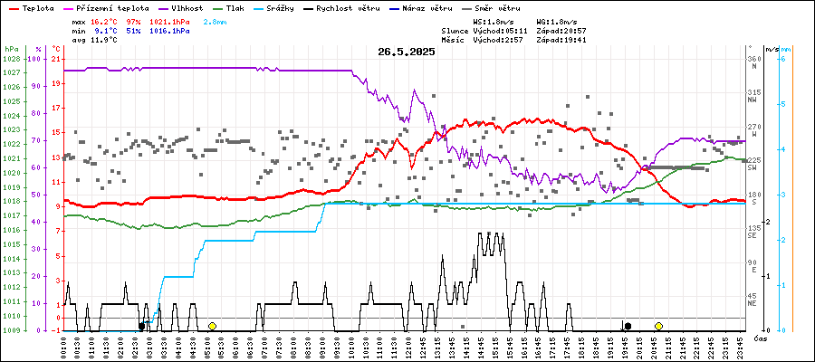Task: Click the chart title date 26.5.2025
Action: tap(407, 52)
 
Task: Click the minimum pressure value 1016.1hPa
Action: tap(170, 31)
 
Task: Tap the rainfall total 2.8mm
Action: tap(216, 20)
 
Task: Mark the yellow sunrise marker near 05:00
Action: tap(212, 326)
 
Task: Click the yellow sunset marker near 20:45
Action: tap(658, 326)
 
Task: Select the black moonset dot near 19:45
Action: tap(628, 326)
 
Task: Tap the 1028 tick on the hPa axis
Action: tap(11, 59)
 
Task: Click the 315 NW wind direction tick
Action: tap(753, 92)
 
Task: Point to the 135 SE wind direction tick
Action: tap(753, 230)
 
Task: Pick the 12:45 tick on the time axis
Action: tap(423, 345)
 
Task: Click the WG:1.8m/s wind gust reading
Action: tap(556, 20)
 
